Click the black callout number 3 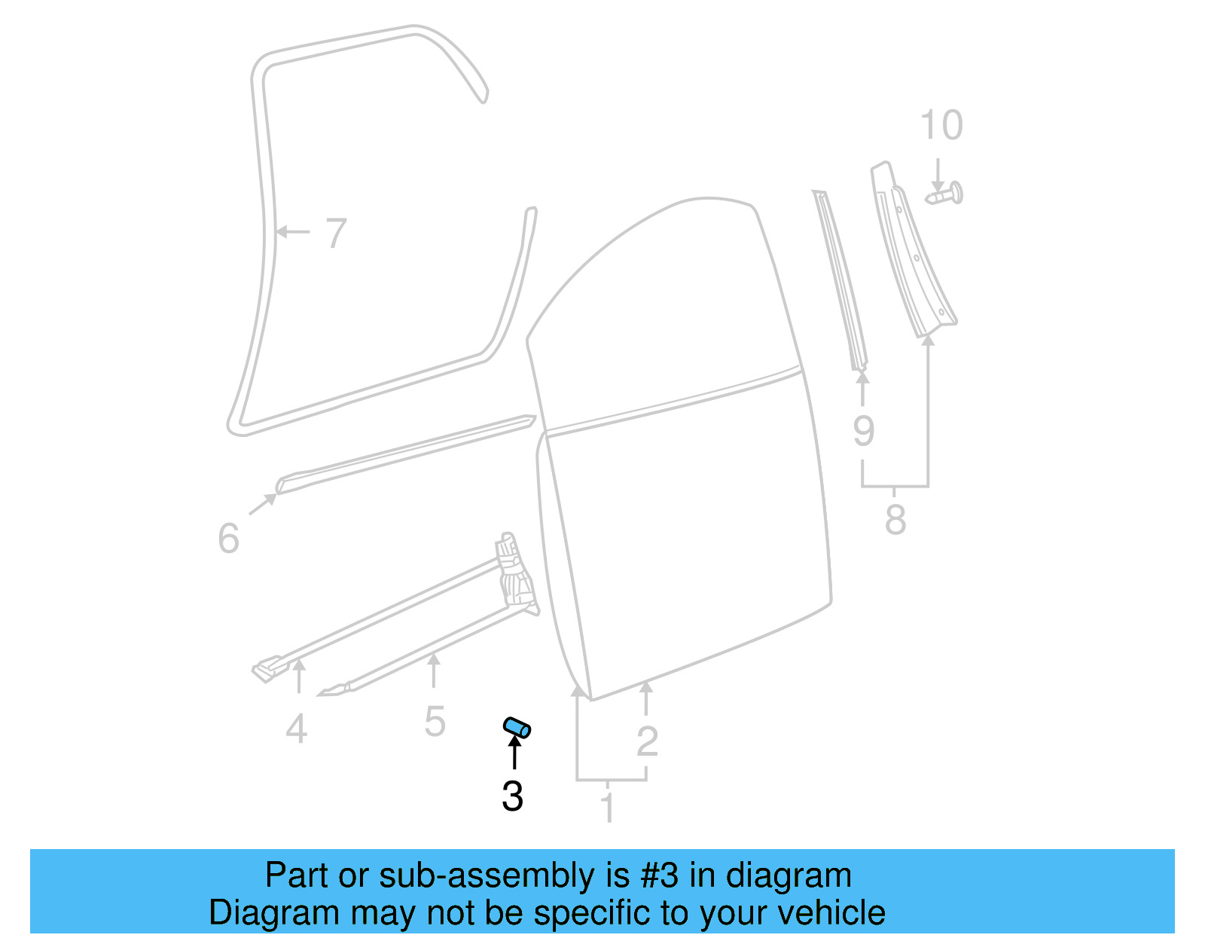[513, 796]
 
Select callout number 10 [941, 125]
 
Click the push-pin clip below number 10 [946, 194]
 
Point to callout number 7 [336, 233]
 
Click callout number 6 [228, 539]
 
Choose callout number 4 [297, 729]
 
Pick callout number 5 [435, 722]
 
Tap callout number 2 [647, 742]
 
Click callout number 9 [864, 431]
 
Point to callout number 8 [895, 520]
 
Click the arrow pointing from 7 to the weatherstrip [292, 231]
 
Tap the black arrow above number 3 [514, 752]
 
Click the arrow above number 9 [863, 388]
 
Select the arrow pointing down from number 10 [938, 174]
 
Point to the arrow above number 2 [646, 697]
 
